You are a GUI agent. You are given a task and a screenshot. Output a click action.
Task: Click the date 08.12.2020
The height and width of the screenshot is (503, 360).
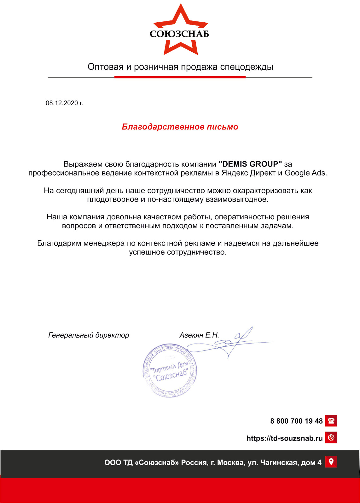64,103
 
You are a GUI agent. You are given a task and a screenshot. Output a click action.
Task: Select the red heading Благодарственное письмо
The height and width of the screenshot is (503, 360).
180,127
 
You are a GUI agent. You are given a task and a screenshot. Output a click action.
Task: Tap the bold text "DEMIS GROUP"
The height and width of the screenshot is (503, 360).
250,164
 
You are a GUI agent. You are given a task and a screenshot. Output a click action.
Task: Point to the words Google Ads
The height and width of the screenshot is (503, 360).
305,173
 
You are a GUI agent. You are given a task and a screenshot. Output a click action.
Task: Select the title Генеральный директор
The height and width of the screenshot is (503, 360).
89,335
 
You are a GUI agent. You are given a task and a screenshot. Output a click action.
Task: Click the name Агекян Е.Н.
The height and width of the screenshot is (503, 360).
199,335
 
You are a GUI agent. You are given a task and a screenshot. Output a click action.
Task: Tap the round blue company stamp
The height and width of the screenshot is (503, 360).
170,370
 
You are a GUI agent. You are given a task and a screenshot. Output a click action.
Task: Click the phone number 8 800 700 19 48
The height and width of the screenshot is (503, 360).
296,421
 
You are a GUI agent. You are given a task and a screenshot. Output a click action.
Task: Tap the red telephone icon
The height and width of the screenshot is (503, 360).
331,421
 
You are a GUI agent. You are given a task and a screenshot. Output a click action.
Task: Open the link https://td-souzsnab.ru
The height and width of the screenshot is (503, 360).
285,438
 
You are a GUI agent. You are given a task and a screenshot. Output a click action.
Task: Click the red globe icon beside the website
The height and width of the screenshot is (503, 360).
331,437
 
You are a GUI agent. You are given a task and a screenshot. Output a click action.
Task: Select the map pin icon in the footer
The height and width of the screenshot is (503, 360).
331,462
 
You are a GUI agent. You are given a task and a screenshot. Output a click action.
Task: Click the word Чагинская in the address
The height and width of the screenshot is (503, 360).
279,463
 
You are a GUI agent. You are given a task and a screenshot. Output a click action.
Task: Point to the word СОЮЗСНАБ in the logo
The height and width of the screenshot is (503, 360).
179,34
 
